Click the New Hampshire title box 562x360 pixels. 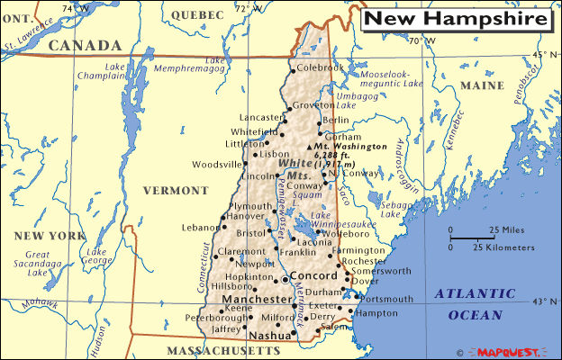455,18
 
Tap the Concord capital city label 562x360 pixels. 314,277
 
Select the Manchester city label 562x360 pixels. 253,299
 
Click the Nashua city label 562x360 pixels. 269,335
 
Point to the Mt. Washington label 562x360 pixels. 352,145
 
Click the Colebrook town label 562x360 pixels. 321,67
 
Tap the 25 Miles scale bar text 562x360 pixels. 505,229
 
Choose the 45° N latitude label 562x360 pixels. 543,55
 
